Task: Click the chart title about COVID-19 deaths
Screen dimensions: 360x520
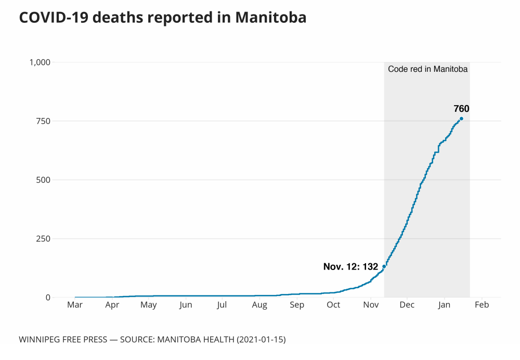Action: (162, 18)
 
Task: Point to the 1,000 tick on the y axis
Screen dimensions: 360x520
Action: (40, 62)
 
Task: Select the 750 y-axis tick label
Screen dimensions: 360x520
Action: (43, 121)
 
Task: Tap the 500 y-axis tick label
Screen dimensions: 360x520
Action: (43, 180)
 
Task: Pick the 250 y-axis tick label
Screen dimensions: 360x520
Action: (43, 239)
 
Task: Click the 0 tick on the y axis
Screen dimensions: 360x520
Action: (48, 298)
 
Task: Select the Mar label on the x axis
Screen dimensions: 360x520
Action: (75, 305)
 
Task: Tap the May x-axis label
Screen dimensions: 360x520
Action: (149, 305)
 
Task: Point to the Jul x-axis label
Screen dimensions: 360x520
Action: (222, 305)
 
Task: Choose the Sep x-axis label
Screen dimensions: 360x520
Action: (296, 305)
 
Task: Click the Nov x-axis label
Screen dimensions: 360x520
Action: (370, 305)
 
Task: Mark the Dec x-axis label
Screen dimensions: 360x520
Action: (407, 305)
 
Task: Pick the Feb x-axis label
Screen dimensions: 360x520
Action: (482, 305)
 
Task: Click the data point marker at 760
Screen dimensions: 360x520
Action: (461, 119)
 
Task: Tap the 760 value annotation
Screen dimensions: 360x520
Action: (461, 109)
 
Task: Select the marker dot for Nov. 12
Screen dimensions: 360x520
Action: (384, 266)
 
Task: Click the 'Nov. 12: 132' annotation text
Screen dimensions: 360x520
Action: (350, 267)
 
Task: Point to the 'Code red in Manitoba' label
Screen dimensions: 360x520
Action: (428, 69)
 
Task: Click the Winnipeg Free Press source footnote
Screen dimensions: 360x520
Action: (152, 340)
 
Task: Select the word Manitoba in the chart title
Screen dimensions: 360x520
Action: (270, 18)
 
